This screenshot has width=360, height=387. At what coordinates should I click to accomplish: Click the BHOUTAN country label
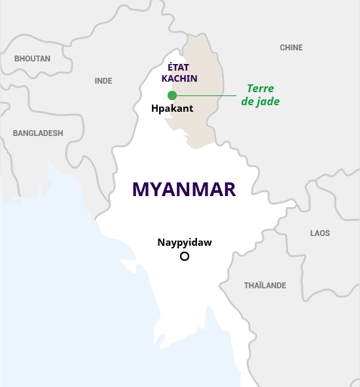32,59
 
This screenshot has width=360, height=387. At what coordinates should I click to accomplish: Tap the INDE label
103,81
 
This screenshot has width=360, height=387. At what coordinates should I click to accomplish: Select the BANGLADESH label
38,133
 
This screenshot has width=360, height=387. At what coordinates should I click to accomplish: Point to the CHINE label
291,48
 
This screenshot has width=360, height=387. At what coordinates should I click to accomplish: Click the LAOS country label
320,233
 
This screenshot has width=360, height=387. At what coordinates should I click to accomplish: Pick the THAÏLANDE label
265,286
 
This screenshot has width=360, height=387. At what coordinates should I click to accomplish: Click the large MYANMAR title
184,190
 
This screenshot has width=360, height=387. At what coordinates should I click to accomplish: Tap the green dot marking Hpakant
172,95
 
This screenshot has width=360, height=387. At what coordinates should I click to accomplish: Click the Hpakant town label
172,109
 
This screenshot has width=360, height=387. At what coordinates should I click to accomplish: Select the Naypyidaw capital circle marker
185,256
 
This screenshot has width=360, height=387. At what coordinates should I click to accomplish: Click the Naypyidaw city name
185,243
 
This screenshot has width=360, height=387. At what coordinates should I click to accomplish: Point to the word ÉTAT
179,67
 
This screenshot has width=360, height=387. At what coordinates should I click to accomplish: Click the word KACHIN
179,78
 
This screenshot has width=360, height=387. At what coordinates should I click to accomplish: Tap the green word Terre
261,89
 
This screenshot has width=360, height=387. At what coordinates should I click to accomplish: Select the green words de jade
261,102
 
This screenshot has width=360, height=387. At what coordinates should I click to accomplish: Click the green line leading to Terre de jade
206,95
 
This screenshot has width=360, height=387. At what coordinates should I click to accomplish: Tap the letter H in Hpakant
154,109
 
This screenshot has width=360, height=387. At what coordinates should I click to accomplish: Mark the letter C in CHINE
283,48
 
